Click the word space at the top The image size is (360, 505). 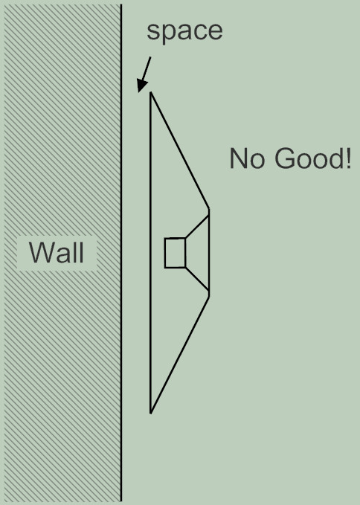[x=184, y=31]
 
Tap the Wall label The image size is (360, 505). [x=57, y=253]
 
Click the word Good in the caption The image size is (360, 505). [x=308, y=158]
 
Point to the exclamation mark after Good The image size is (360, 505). [x=347, y=158]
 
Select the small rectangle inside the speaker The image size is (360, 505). [x=175, y=253]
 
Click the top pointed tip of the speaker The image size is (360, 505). [x=150, y=92]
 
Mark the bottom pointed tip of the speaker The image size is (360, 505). [x=150, y=414]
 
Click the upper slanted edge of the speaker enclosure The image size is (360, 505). [x=180, y=151]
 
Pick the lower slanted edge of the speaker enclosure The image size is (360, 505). [x=180, y=355]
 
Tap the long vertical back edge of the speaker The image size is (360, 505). [x=150, y=253]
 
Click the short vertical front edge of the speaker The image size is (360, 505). [x=209, y=253]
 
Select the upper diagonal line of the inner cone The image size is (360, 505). [x=197, y=226]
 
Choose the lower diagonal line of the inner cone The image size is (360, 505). [x=197, y=279]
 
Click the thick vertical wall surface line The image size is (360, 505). [x=121, y=253]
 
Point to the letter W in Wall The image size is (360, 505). [x=39, y=253]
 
